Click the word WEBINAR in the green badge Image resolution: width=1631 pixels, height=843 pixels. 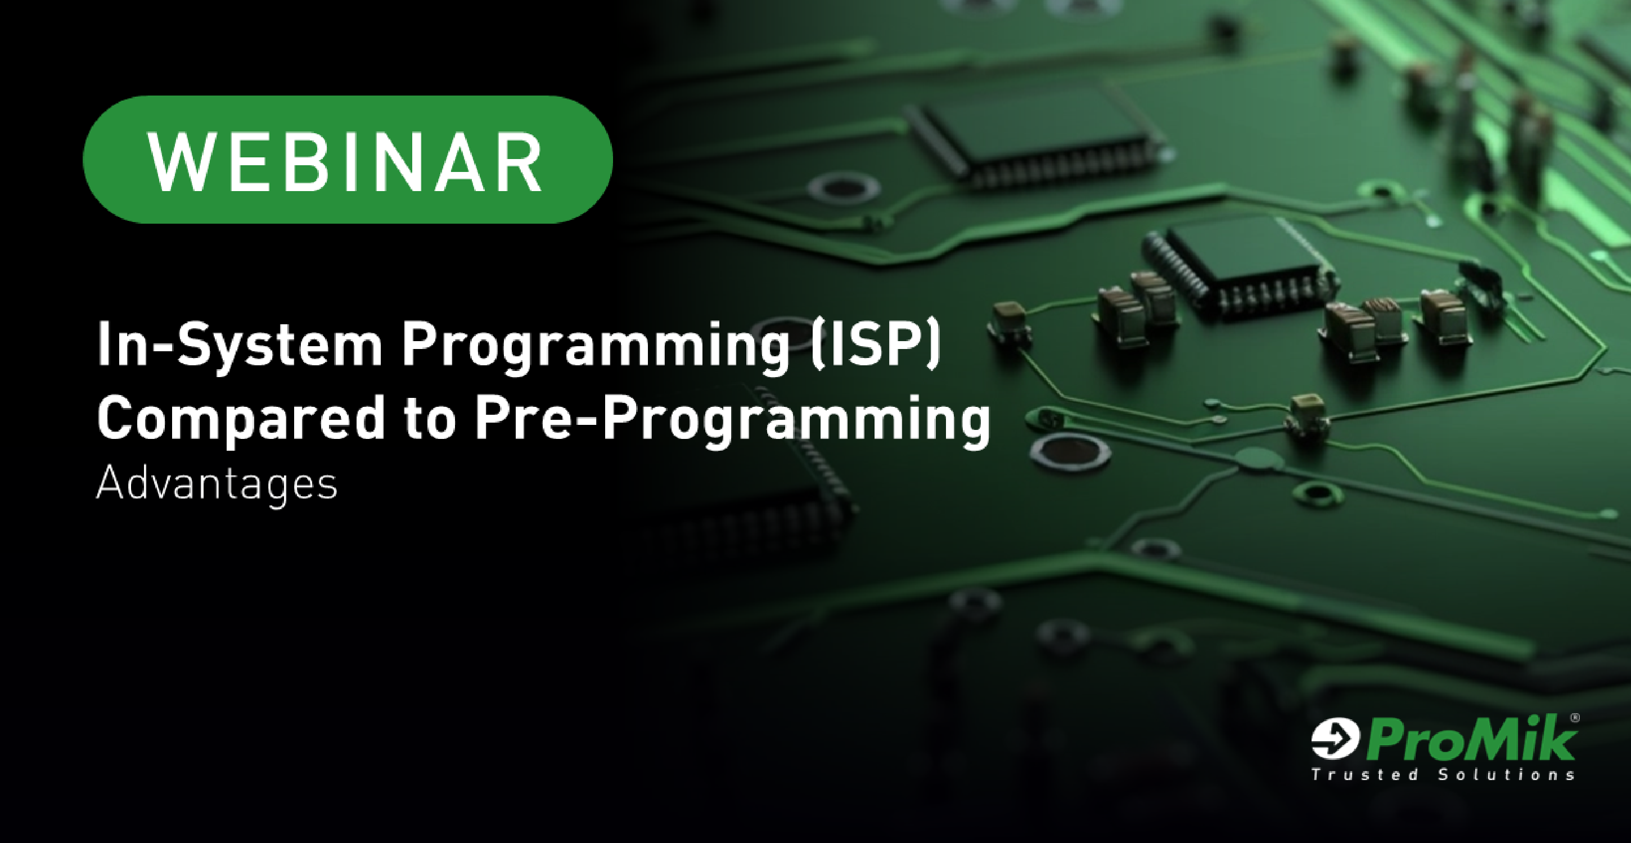tap(345, 162)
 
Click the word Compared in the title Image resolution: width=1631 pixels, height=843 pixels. tap(241, 418)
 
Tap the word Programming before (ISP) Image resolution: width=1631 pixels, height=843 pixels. tap(596, 347)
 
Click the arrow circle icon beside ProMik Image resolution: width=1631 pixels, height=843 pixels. tap(1335, 738)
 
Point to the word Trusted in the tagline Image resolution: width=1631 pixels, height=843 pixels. tap(1364, 774)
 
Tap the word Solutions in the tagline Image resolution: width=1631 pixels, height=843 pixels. tap(1506, 774)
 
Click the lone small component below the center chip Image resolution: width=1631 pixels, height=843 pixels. tap(1308, 415)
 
